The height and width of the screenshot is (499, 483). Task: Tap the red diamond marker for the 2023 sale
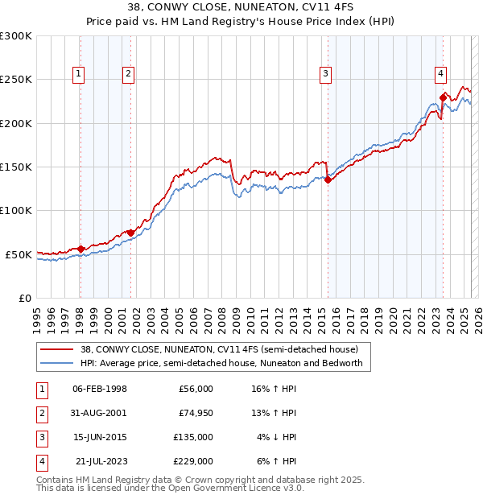point(443,97)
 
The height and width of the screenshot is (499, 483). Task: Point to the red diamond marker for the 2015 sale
point(328,180)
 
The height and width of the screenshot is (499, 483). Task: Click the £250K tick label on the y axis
point(16,80)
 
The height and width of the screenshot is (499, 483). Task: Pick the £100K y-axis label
point(16,210)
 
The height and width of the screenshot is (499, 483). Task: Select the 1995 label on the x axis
point(36,316)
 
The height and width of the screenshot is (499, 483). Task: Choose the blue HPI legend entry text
point(221,363)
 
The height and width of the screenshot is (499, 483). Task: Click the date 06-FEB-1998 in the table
point(100,389)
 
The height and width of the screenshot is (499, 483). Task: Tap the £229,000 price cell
point(192,461)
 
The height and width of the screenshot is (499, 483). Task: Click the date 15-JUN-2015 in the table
point(100,437)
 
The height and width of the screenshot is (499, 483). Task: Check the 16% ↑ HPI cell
point(275,389)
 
